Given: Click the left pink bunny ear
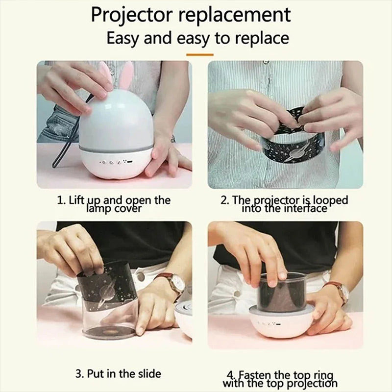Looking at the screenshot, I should (104, 73).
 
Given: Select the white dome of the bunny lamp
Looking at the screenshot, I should (118, 118).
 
